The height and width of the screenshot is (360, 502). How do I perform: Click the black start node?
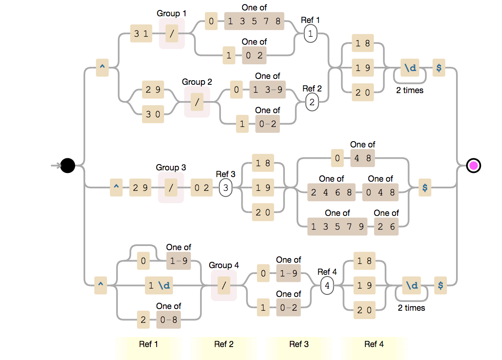tap(68, 166)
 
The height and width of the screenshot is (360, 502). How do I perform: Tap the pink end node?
tap(474, 166)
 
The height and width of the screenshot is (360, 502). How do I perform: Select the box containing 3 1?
tap(141, 34)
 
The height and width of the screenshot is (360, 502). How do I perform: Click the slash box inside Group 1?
tap(172, 34)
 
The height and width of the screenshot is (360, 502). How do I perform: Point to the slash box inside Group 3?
tap(171, 188)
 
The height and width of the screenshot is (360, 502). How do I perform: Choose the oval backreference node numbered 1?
tap(310, 34)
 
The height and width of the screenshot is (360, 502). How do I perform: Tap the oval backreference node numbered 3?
tap(226, 188)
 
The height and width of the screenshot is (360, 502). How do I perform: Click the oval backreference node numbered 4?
tap(327, 286)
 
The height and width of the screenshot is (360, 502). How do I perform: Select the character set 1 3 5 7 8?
tap(254, 21)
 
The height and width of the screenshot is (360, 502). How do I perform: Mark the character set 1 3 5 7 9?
tap(337, 227)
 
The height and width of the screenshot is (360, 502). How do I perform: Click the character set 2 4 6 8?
tap(332, 193)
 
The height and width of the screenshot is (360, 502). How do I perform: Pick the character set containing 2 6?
tap(386, 227)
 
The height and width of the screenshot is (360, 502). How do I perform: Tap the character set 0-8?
tap(169, 320)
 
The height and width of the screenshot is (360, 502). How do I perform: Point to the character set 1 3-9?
tap(268, 89)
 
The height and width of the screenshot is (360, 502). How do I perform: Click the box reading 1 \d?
tap(159, 286)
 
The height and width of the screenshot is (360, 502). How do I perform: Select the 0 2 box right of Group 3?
tap(201, 188)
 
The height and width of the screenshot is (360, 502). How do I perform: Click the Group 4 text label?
tap(224, 265)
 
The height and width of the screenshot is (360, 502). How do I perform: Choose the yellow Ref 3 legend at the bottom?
tap(299, 344)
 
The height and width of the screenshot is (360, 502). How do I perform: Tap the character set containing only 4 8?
tap(363, 158)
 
